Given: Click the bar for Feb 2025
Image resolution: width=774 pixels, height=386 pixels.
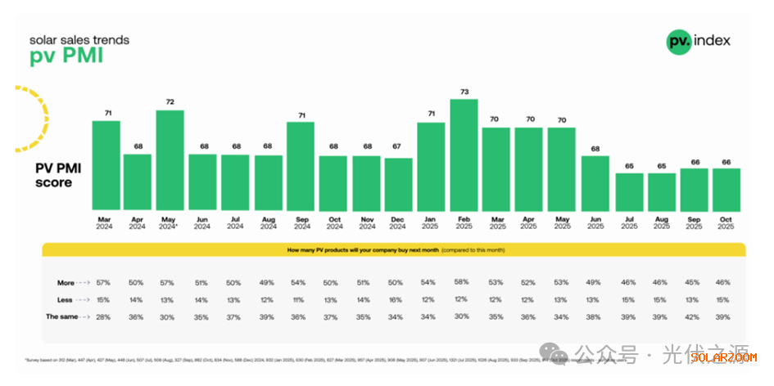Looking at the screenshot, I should click(x=464, y=155).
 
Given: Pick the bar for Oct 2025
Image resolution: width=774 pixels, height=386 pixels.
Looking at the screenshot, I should click(x=726, y=190).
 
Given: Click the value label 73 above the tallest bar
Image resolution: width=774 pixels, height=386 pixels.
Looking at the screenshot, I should click(x=464, y=92).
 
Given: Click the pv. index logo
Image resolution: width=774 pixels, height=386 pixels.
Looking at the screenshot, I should click(x=699, y=41).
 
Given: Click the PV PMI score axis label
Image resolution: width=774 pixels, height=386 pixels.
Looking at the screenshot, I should click(x=53, y=175).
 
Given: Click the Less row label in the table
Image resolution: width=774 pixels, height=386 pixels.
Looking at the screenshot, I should click(x=66, y=299).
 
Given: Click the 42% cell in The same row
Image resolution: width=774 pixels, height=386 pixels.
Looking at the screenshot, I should click(x=692, y=316).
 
